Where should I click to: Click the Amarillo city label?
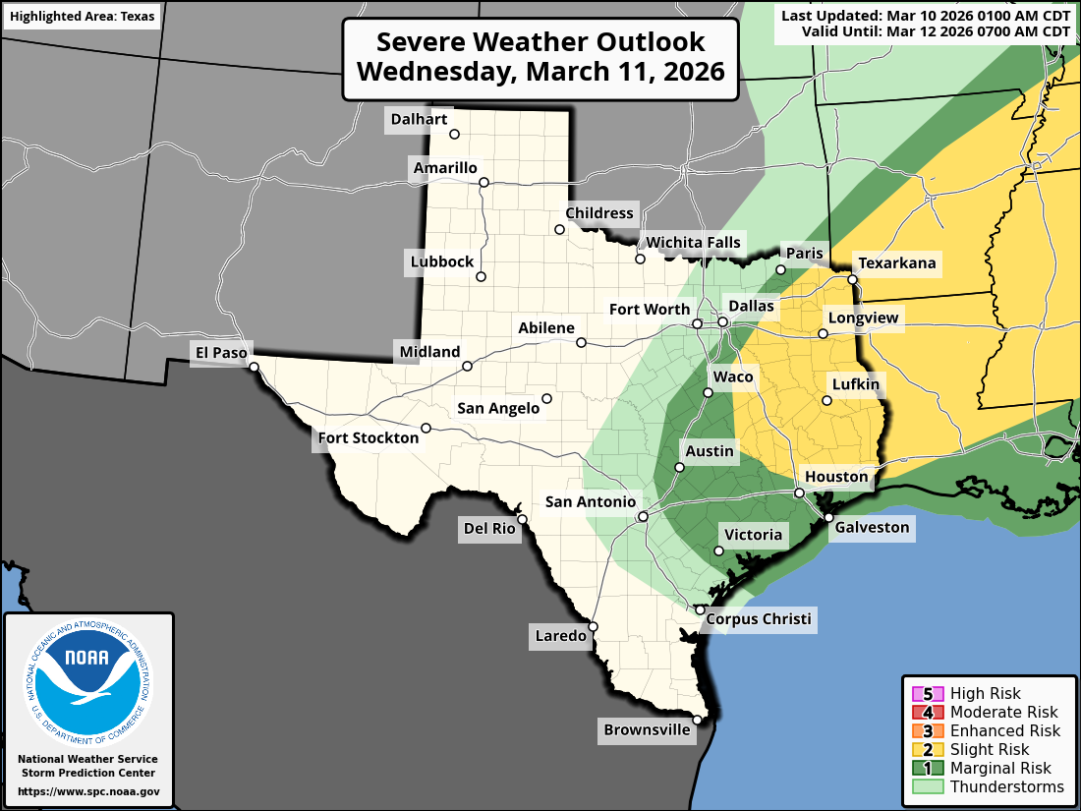(x=444, y=168)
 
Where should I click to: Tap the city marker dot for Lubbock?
(x=482, y=276)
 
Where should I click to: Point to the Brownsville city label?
(x=647, y=729)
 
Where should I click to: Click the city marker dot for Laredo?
(x=594, y=626)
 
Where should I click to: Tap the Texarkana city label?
(x=897, y=263)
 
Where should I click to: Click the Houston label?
(x=836, y=477)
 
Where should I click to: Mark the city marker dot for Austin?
(x=679, y=467)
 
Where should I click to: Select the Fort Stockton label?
(x=368, y=437)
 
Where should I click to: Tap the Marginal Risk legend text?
(x=1000, y=768)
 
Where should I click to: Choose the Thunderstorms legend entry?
(x=1006, y=786)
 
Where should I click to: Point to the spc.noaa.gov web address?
(x=88, y=791)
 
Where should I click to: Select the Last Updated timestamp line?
(x=926, y=15)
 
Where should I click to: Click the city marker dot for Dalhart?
(x=454, y=135)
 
